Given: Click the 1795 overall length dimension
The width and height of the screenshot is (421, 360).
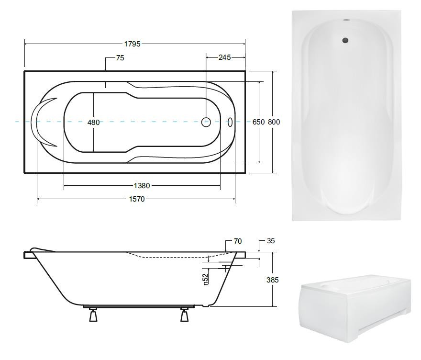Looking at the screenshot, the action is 133,44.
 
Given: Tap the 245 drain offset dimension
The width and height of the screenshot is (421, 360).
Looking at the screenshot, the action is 224,57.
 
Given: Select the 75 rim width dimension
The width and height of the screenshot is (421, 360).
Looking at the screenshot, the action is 120,58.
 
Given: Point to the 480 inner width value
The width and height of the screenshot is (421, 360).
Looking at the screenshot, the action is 93,123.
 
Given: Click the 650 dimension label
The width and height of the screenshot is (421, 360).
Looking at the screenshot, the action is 258,122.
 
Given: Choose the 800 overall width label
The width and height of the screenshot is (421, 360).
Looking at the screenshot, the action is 274,122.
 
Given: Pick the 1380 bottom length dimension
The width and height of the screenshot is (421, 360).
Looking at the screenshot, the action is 142,186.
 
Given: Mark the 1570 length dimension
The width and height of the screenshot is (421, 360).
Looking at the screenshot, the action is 137,199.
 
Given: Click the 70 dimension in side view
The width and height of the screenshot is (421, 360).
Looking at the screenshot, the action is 238,241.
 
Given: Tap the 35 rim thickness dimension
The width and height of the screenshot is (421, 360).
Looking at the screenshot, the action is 271,241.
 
